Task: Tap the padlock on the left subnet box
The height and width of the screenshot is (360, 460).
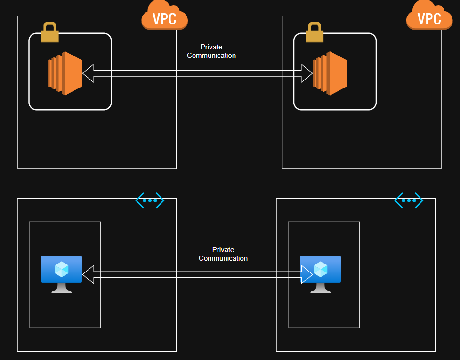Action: click(49, 33)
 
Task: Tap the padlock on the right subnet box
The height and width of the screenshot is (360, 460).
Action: click(314, 33)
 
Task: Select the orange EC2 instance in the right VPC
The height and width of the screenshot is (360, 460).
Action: click(330, 73)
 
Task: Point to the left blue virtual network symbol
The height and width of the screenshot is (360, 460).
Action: click(150, 200)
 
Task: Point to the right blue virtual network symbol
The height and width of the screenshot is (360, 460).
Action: click(409, 200)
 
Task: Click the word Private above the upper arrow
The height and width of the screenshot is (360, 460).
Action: click(211, 47)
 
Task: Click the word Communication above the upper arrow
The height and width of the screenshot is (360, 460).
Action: click(211, 56)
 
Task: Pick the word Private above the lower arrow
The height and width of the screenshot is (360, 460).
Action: click(223, 250)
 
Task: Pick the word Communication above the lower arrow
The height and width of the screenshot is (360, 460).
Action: click(223, 258)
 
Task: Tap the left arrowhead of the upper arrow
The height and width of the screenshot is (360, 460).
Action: click(89, 73)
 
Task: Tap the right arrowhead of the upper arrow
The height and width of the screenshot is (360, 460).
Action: click(307, 73)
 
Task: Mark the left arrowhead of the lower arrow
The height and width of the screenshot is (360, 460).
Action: click(89, 274)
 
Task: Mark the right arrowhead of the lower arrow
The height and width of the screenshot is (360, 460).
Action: click(307, 274)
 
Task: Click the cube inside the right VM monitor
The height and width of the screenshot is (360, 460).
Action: click(321, 269)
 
